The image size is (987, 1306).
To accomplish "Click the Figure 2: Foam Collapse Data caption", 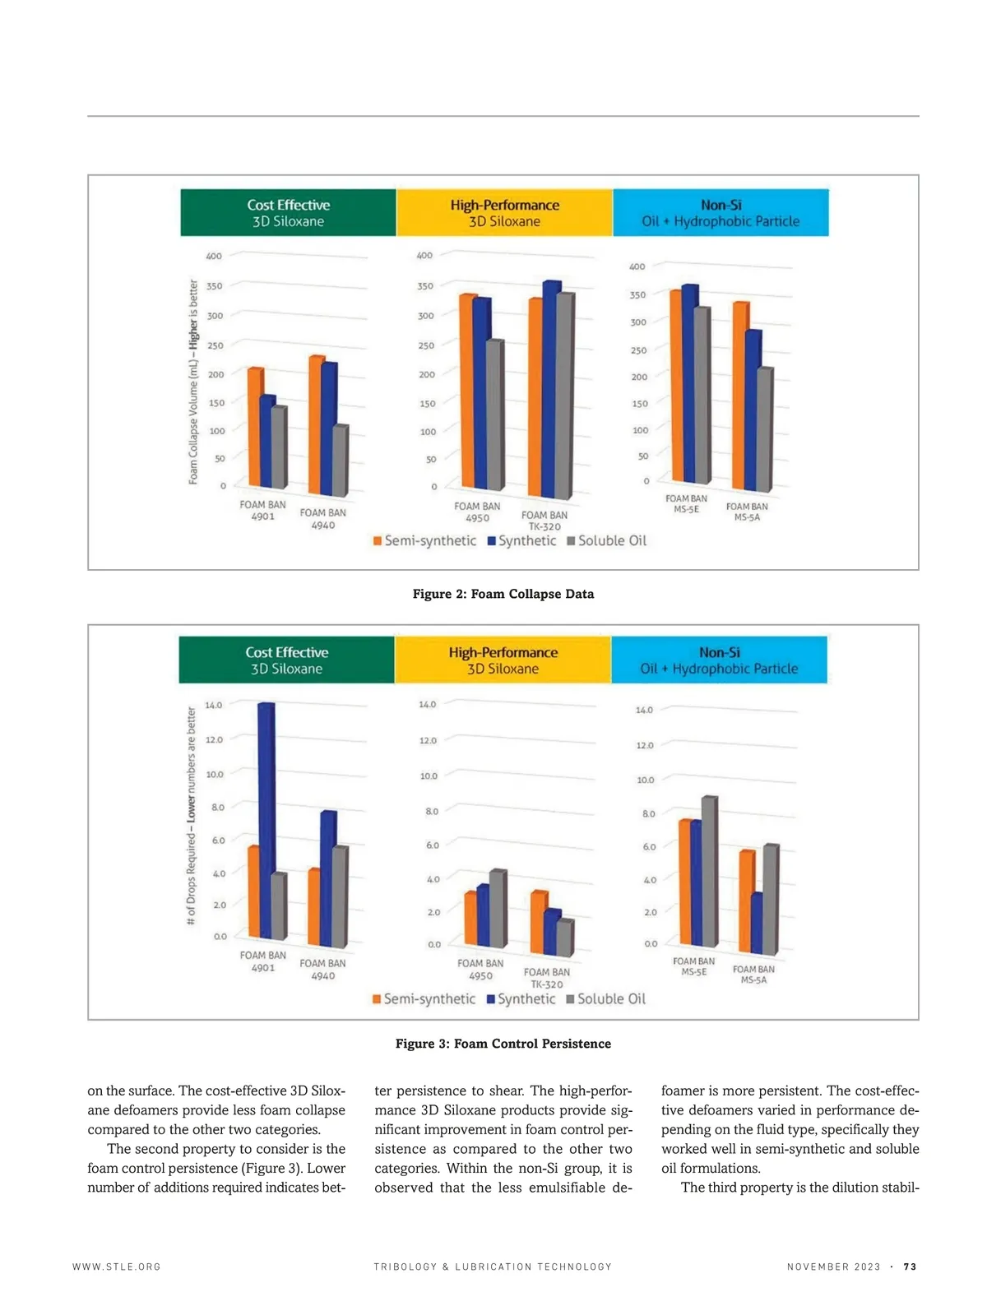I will coord(503,594).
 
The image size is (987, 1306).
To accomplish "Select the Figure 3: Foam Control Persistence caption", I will coord(503,1044).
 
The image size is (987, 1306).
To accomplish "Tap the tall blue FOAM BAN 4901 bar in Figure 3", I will coord(266,822).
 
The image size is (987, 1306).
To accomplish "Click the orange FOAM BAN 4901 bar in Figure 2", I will coord(255,428).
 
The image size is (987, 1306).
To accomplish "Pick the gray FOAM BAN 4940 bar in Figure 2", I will coord(340,461).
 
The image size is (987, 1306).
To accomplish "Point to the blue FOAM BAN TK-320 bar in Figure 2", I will coord(550,391).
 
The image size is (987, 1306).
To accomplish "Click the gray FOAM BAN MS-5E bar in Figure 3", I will coord(708,872).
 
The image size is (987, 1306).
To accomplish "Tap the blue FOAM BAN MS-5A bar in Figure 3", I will coord(756,923).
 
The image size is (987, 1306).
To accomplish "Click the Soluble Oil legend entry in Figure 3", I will coord(606,999).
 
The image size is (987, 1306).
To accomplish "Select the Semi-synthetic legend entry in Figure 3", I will coord(424,999).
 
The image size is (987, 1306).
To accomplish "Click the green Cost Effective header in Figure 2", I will coord(288,213).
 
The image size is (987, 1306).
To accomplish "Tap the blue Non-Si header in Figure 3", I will coord(719,660).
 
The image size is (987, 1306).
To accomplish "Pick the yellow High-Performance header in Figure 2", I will coord(504,213).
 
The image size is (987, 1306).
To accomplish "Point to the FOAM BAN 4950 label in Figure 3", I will coord(480,970).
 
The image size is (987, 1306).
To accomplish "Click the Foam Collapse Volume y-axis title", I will coord(193,382).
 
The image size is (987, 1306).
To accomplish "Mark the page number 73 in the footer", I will coord(910,1267).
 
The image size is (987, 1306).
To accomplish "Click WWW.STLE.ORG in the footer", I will coord(117,1267).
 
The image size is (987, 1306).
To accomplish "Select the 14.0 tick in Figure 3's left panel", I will coord(214,705).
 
